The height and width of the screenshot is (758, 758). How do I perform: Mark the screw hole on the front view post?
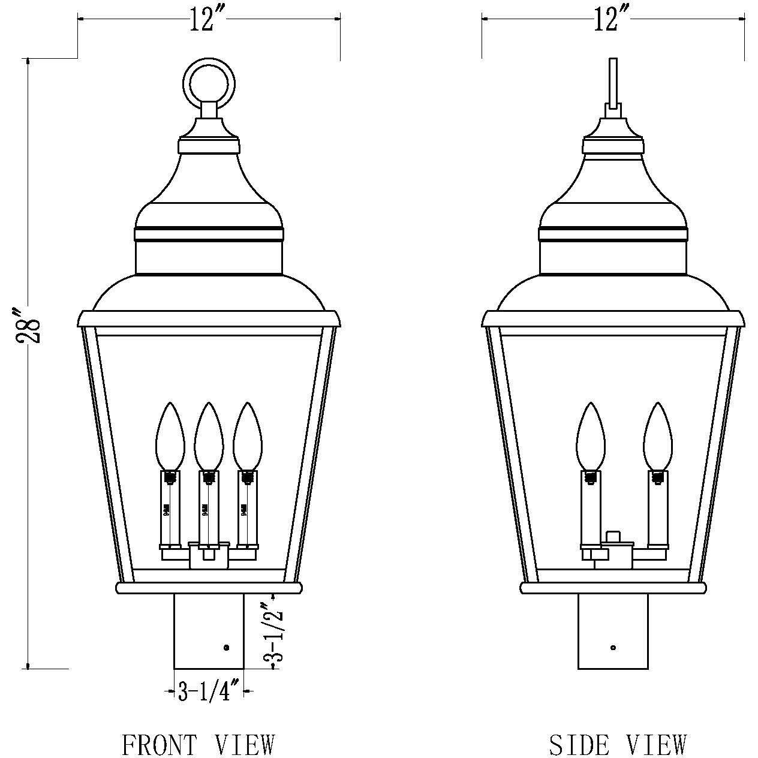(226, 647)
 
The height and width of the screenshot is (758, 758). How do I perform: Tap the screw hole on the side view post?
(613, 647)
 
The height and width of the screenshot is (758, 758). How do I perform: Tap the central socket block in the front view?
(209, 556)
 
